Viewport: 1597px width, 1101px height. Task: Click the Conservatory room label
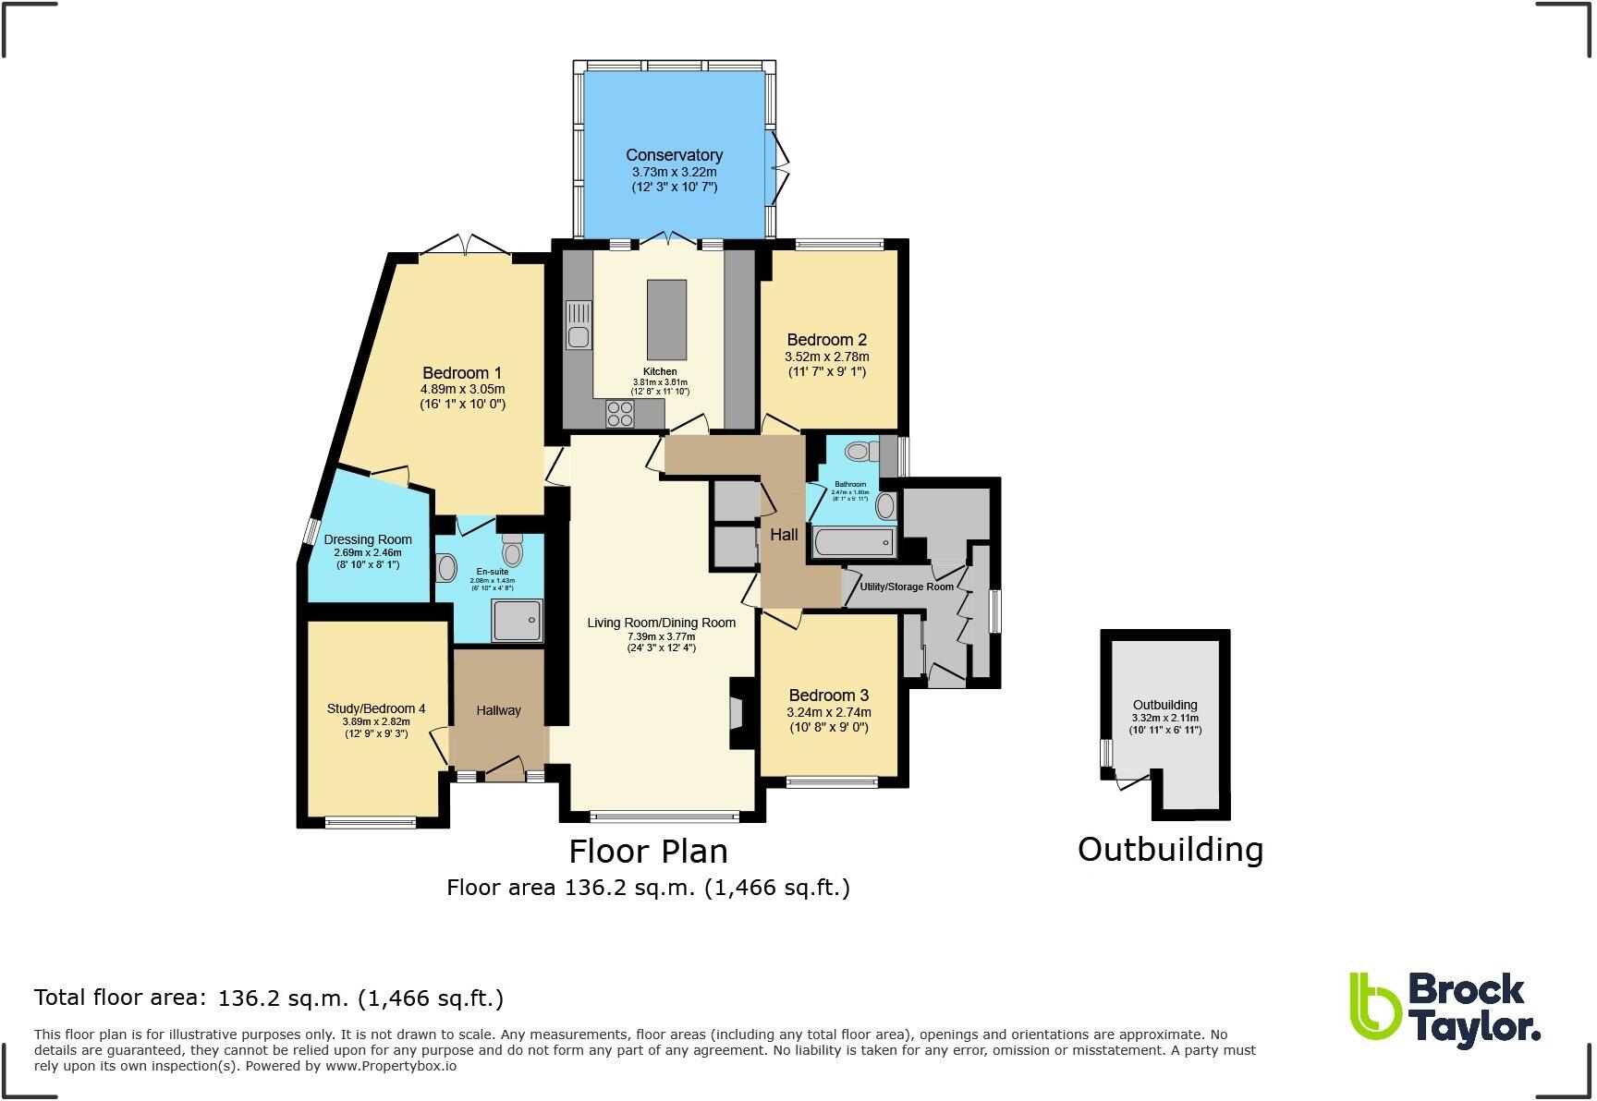[x=674, y=155]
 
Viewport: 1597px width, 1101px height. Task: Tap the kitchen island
[x=666, y=320]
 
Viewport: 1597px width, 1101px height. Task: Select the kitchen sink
[x=579, y=325]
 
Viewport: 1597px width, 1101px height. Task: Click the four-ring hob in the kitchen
[x=620, y=415]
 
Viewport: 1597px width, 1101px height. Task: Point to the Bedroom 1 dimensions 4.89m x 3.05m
[x=462, y=389]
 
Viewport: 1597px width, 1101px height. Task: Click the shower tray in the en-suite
[x=518, y=620]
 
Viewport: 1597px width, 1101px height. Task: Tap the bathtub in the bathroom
[x=853, y=542]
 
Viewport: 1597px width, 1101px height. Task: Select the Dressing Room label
[x=368, y=539]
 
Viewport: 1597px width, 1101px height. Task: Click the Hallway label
[x=498, y=710]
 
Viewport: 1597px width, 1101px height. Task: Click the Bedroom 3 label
[x=828, y=696]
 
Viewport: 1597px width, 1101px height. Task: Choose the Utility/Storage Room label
[x=906, y=587]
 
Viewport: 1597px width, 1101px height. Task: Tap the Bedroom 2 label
[x=826, y=340]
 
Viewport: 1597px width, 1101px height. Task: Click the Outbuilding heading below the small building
[x=1170, y=850]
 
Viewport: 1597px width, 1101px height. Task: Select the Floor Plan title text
[x=648, y=852]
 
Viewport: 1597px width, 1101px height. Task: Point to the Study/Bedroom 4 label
[x=376, y=709]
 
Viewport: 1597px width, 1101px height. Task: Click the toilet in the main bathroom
[x=862, y=452]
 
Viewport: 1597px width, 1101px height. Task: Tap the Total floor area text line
[x=268, y=998]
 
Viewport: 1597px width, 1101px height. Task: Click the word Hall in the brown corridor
[x=784, y=535]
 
